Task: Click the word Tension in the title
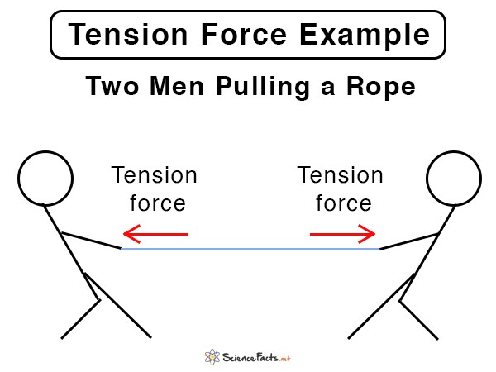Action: point(128,34)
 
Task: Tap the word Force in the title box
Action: point(244,34)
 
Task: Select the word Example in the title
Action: point(365,36)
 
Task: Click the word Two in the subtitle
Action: point(112,86)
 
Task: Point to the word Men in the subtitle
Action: point(177,86)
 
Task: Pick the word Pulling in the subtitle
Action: point(263,88)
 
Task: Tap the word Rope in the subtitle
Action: point(381,88)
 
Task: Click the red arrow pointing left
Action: point(155,234)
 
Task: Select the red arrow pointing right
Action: point(342,234)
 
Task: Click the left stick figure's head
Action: point(45,151)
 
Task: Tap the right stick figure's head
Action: point(454,151)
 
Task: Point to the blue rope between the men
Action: point(250,250)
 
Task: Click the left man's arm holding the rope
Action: point(91,241)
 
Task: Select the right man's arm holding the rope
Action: point(409,241)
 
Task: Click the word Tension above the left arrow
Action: point(154,174)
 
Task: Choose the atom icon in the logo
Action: point(212,357)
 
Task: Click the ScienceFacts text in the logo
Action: point(256,357)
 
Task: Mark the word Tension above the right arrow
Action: point(340,174)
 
